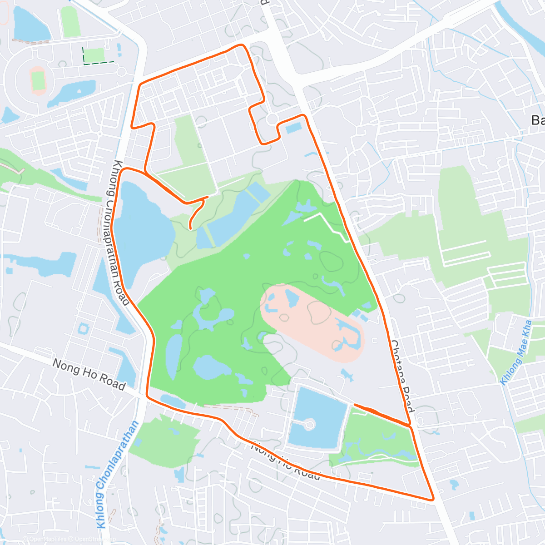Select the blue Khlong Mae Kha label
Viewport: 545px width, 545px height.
coord(516,352)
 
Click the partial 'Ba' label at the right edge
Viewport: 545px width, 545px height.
coord(538,120)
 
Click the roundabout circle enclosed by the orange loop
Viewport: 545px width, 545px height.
coord(272,119)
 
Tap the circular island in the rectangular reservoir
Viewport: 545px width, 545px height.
coord(310,425)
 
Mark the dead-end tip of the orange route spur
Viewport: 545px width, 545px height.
coord(190,228)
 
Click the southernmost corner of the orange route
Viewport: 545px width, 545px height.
coord(433,499)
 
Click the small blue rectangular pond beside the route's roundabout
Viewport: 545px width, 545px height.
coord(293,128)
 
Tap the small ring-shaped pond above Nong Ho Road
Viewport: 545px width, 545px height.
coord(84,328)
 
